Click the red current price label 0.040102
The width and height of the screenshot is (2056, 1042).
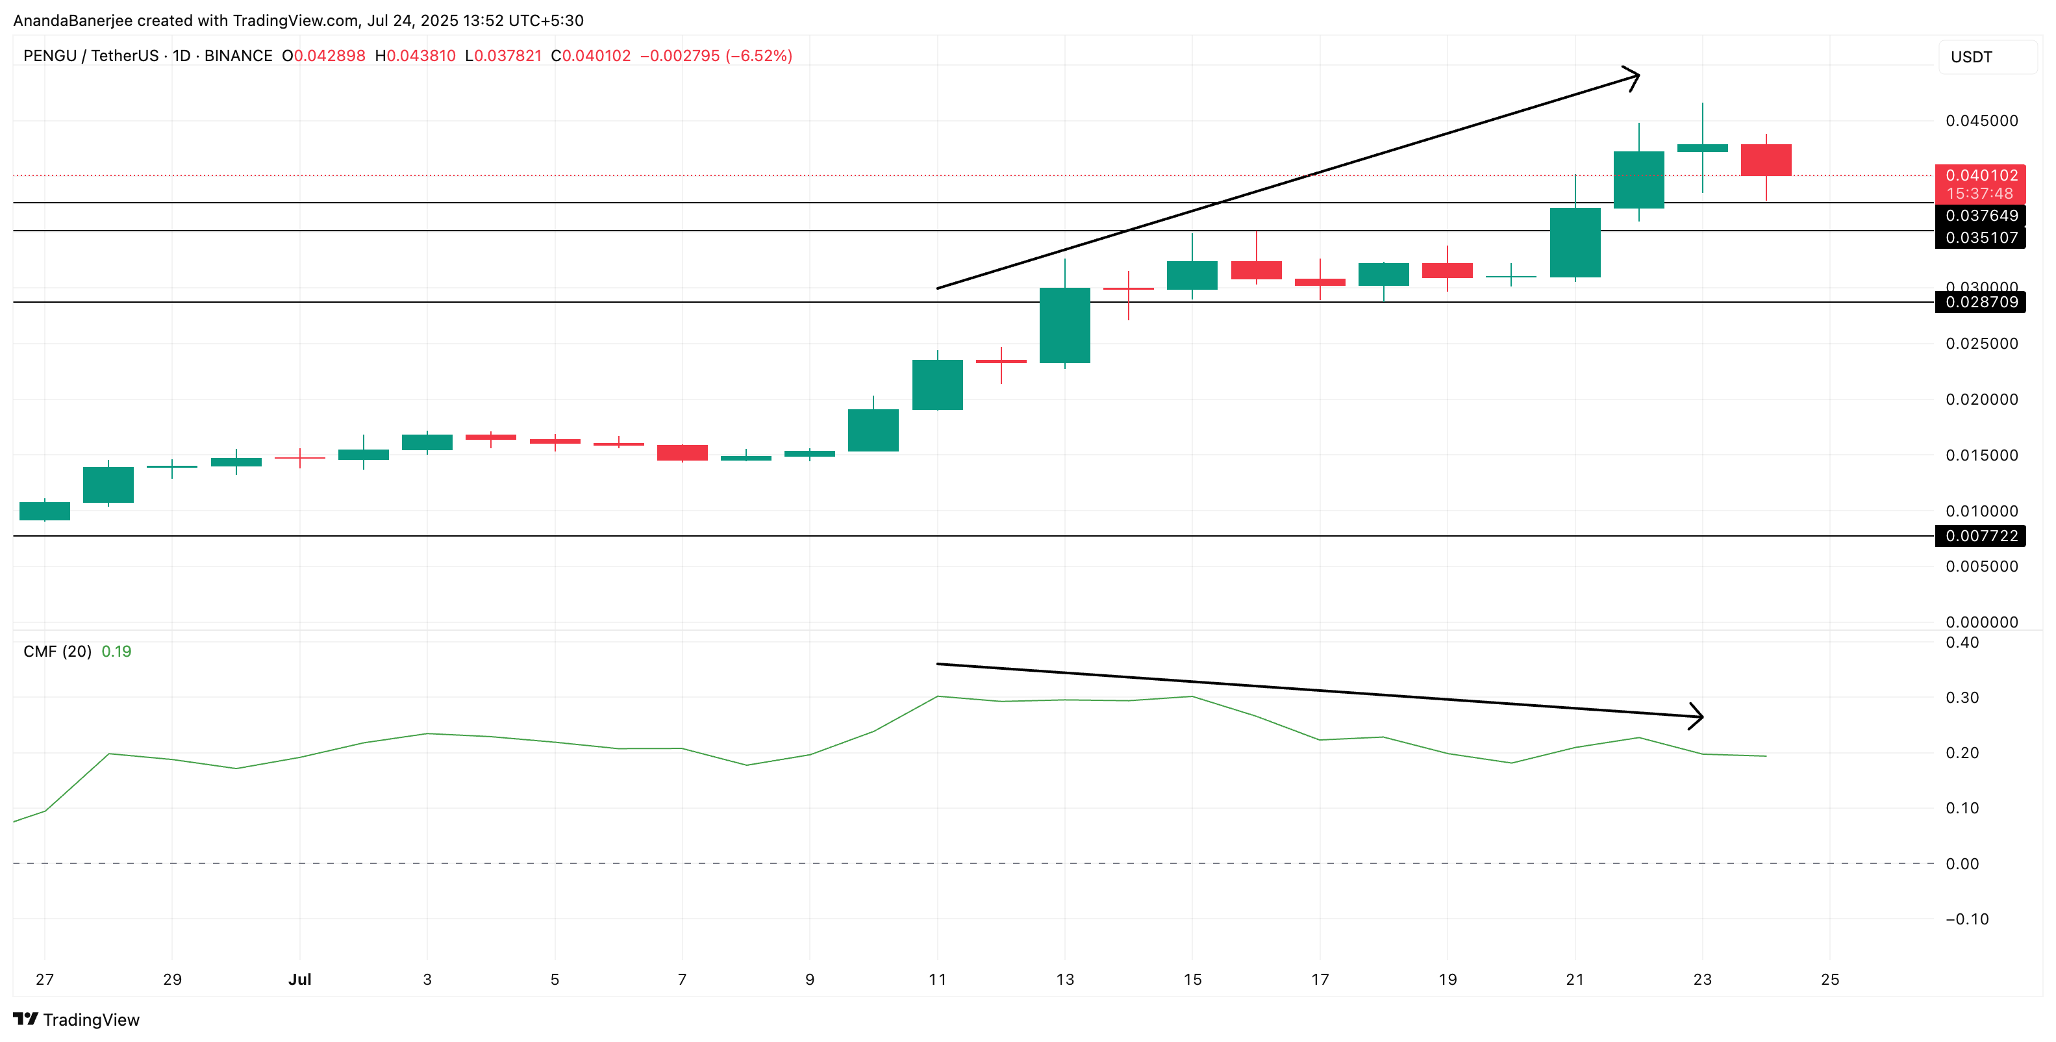point(1980,175)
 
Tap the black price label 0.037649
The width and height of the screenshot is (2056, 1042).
point(1980,216)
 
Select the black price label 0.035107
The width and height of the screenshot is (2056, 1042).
point(1980,238)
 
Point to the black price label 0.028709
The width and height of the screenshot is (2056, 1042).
point(1980,303)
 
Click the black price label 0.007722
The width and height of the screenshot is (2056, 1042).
point(1980,536)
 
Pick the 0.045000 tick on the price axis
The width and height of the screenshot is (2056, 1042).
point(1981,121)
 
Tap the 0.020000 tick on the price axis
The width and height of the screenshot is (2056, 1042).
point(1981,400)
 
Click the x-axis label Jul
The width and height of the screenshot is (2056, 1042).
point(299,980)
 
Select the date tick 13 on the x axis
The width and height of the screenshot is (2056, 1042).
point(1065,980)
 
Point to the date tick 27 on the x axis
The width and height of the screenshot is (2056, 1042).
point(45,980)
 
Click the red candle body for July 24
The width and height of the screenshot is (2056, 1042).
point(1766,160)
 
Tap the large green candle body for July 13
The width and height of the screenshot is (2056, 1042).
point(1065,325)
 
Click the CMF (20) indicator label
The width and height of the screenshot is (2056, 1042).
point(57,652)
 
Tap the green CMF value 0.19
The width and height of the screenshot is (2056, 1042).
point(116,652)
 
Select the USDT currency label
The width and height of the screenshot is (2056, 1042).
point(1972,57)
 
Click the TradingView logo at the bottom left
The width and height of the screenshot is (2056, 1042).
point(77,1020)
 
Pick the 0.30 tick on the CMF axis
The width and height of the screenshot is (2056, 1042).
point(1962,698)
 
